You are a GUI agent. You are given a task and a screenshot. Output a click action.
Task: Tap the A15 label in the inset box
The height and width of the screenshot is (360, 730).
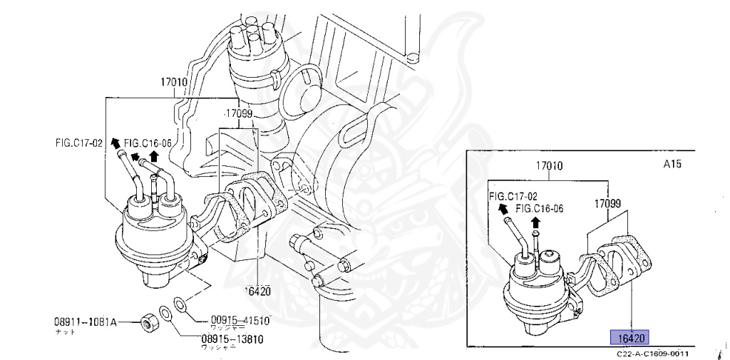[672, 164]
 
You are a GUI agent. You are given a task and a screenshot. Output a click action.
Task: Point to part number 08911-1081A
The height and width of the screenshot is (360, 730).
[86, 322]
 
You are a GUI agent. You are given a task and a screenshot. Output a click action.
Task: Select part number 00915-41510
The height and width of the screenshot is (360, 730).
[240, 320]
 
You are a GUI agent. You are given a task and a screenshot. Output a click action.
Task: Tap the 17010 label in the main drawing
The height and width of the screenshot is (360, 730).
[173, 82]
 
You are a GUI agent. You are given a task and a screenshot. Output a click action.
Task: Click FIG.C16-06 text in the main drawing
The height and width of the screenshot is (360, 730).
[148, 143]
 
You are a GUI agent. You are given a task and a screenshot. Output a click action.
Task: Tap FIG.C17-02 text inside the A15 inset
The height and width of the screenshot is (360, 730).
[513, 195]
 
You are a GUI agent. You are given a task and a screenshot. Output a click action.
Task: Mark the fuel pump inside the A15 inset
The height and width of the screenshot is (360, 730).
[539, 285]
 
